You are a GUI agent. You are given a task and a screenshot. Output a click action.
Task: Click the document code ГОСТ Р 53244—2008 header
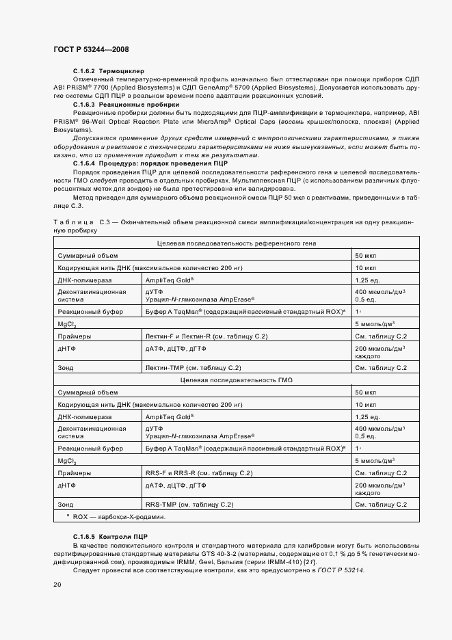[90, 50]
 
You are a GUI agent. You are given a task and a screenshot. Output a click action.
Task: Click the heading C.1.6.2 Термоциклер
[109, 71]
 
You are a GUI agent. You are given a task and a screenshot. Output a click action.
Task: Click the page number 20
[57, 585]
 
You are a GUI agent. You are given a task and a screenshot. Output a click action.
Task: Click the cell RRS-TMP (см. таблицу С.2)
[189, 504]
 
